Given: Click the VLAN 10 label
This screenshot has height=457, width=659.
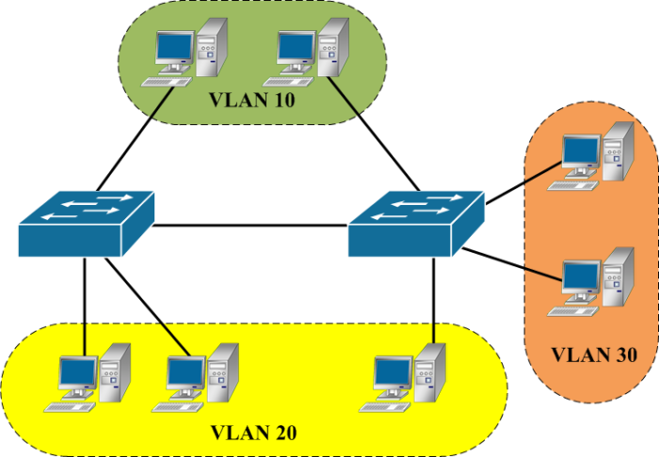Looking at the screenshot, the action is point(252,100).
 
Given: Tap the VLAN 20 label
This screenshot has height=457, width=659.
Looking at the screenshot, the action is point(253,433).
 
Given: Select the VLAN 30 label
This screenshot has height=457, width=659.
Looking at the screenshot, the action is point(594,355).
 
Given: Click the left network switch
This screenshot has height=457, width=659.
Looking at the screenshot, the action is point(87,224).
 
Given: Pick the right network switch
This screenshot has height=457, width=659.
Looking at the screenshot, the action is point(416,224).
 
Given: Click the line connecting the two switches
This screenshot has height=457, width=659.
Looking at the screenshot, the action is point(250,226).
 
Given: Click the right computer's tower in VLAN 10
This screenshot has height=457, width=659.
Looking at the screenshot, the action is point(333,47).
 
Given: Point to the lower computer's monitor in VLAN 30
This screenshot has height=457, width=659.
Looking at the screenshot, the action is point(582,278).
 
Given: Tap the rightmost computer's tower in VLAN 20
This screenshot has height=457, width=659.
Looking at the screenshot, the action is point(430,372).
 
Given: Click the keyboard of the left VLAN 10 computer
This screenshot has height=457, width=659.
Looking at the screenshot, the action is point(166,82).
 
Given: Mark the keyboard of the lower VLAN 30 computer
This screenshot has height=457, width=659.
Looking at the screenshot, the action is point(572,311).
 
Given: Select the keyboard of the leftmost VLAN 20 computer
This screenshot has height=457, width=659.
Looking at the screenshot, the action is point(70,407).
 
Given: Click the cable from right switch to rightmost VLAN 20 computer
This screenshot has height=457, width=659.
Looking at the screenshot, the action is point(434,301).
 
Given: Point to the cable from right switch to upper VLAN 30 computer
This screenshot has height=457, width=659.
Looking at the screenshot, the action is point(524,182).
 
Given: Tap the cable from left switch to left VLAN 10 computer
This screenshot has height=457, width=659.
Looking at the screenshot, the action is point(136,138).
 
